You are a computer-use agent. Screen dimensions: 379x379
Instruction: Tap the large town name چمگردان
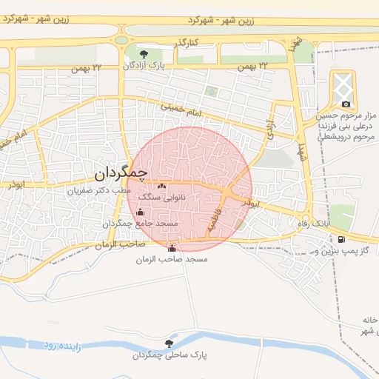tap(123, 174)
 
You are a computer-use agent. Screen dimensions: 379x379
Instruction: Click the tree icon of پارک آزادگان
tap(144, 54)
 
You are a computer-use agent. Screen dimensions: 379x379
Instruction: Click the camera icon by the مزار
tap(345, 104)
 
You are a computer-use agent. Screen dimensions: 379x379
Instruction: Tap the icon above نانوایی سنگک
tap(162, 186)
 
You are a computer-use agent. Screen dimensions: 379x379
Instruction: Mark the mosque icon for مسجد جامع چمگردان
tap(141, 212)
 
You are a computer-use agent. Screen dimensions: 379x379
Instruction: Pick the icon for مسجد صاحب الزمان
tap(172, 248)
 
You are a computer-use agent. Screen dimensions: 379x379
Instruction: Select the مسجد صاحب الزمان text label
tap(172, 260)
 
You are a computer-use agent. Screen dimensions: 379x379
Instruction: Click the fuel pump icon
tap(341, 239)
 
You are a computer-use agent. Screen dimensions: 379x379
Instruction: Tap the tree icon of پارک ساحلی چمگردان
tap(170, 343)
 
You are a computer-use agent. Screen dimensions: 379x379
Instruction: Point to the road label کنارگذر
tap(186, 45)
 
